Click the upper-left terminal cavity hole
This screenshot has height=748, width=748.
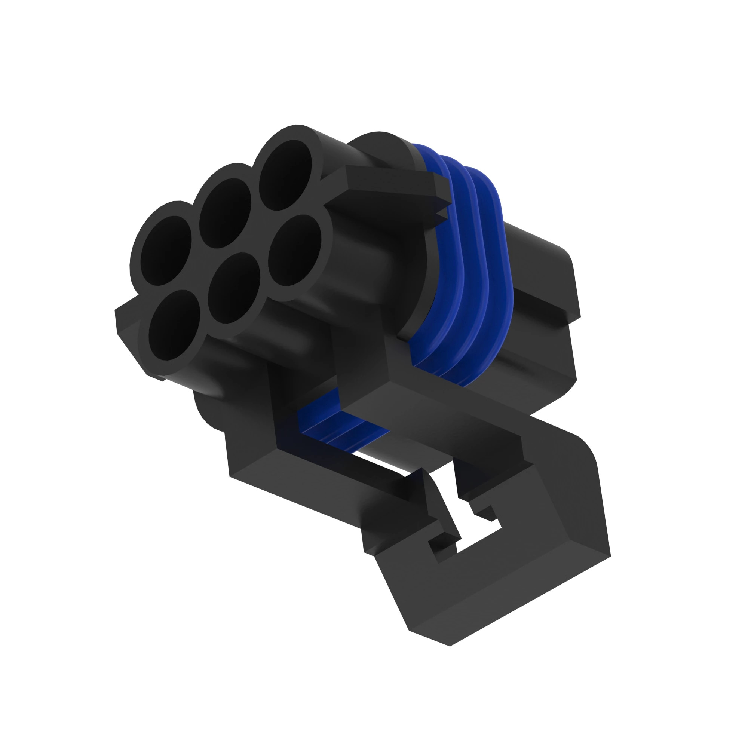pyautogui.click(x=166, y=251)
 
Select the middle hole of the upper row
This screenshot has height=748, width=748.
pyautogui.click(x=225, y=213)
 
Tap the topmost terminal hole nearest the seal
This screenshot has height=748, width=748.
pyautogui.click(x=285, y=175)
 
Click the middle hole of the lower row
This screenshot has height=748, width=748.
pyautogui.click(x=233, y=288)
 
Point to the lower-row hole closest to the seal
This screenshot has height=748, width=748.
pyautogui.click(x=295, y=250)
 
